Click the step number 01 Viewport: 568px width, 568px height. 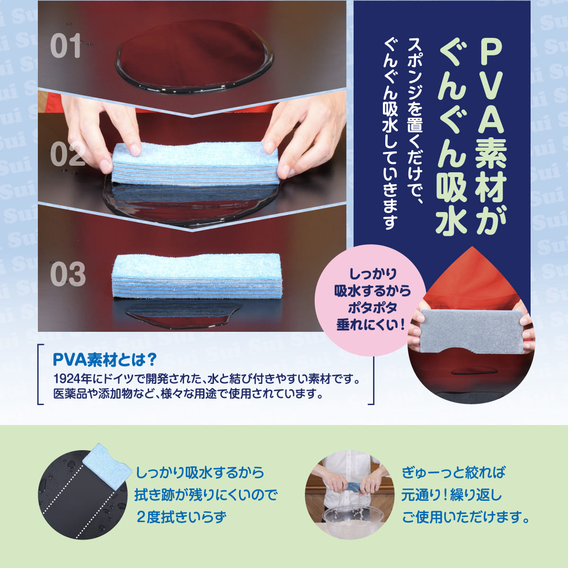[x=66, y=46]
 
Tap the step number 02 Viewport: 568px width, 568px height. [x=68, y=154]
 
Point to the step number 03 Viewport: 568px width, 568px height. [x=68, y=274]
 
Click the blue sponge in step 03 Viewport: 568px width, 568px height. [x=197, y=276]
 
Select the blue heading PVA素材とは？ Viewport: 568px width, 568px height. [x=105, y=360]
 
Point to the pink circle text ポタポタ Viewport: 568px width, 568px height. [x=373, y=308]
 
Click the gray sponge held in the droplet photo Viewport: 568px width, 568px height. [x=471, y=332]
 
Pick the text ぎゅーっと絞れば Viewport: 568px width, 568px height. [x=453, y=472]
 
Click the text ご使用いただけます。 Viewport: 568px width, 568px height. [x=466, y=517]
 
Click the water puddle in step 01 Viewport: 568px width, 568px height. [x=194, y=57]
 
